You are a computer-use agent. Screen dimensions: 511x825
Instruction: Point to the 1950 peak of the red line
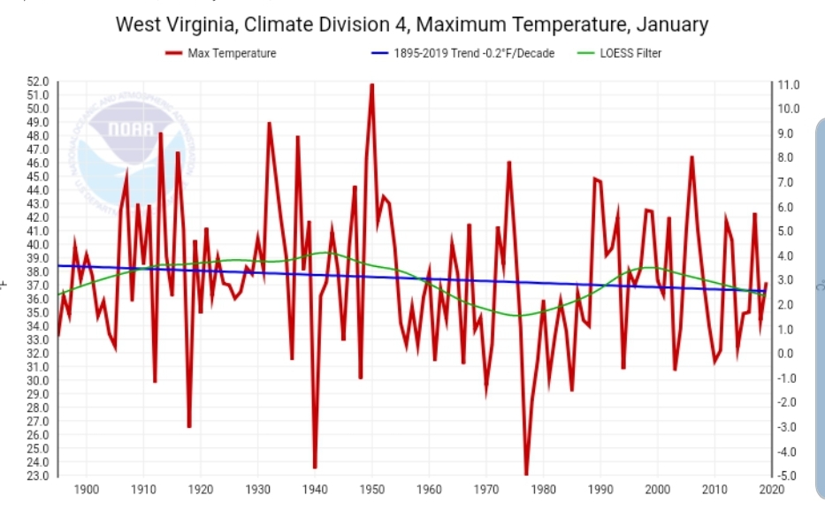[x=371, y=84]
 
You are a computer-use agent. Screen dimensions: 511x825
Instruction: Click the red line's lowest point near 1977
[x=526, y=476]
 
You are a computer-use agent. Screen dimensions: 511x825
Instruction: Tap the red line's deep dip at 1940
[x=315, y=468]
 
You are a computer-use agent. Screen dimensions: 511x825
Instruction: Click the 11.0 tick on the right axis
[x=788, y=85]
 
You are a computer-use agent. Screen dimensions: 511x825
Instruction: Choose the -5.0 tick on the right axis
[x=788, y=476]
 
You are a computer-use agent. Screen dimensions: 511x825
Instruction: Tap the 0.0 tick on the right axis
[x=788, y=354]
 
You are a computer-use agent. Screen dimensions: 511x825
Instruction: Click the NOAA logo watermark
[x=133, y=150]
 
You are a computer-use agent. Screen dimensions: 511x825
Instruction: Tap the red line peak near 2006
[x=691, y=157]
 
